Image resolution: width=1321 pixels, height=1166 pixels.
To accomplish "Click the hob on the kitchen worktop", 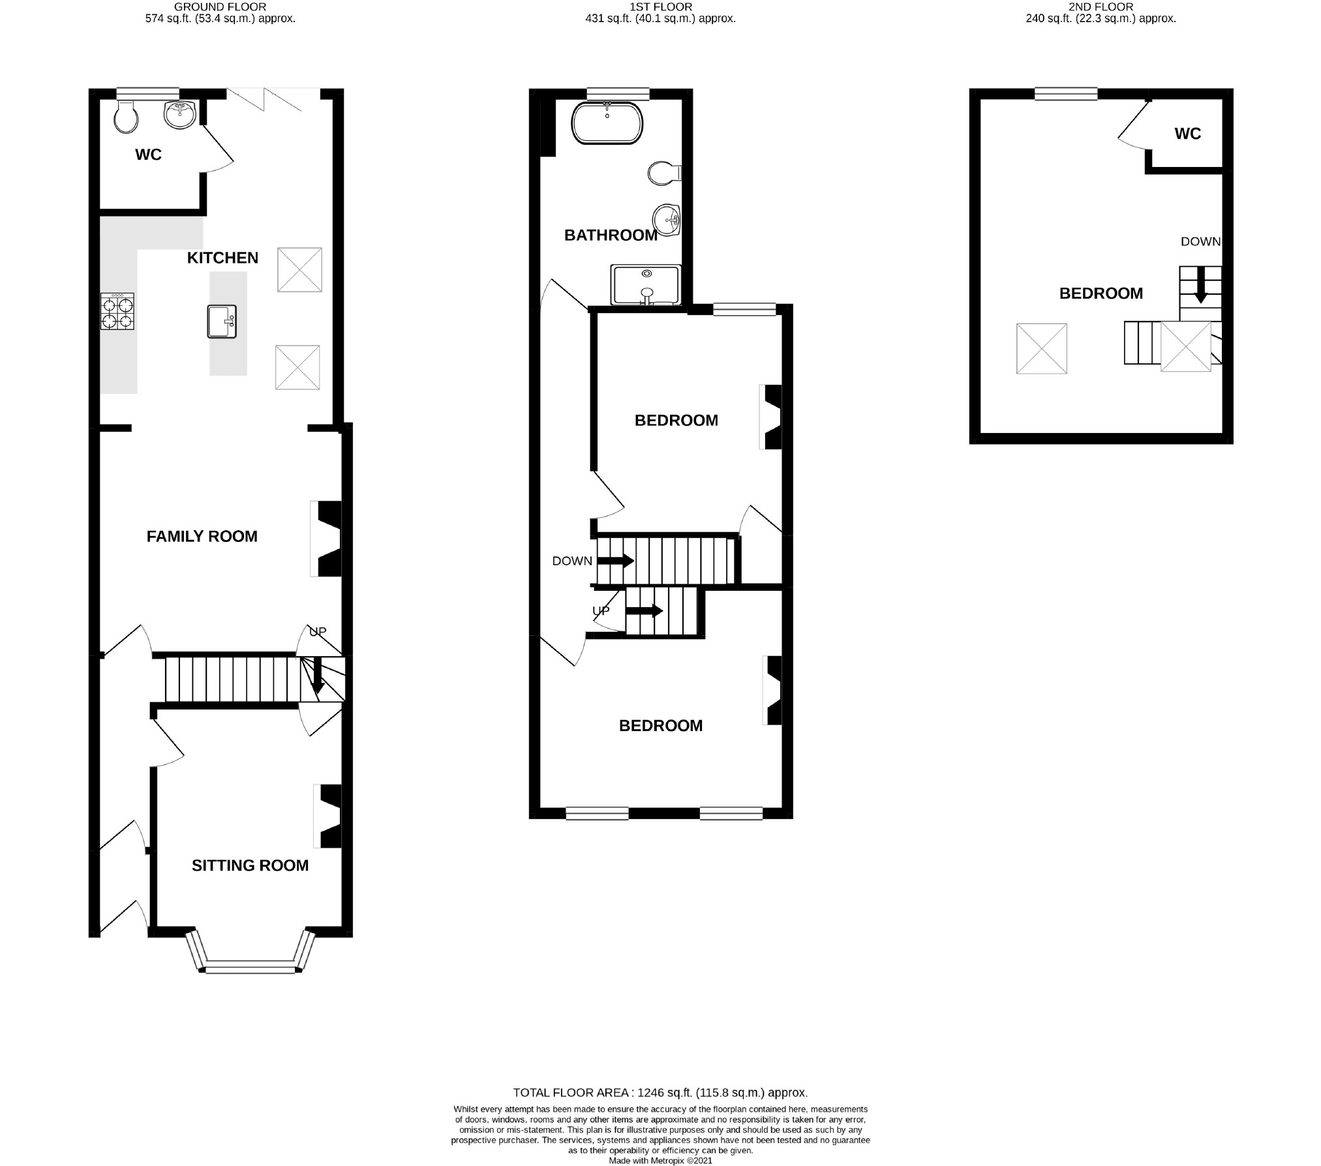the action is pos(117,311).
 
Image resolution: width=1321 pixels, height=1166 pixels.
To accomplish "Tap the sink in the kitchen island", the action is pos(222,321).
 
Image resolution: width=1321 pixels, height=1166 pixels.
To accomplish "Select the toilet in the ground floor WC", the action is pos(126,116).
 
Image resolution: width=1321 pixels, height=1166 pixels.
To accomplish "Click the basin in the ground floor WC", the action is pos(179,114).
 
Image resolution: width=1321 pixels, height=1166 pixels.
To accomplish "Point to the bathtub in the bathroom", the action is pos(607,123).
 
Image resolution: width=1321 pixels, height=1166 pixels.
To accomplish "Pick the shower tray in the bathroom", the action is pos(646,284).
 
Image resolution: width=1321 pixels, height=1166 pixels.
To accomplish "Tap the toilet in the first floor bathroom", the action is pos(665,173).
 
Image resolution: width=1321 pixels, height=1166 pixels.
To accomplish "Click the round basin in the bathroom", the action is pos(667,219).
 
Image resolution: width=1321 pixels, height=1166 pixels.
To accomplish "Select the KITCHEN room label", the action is pos(222,258).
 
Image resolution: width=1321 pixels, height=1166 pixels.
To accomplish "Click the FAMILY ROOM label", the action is pos(202,536).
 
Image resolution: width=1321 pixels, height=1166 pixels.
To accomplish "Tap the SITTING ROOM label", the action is pos(250,865).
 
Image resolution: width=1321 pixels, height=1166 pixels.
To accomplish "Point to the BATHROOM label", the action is pos(611,235).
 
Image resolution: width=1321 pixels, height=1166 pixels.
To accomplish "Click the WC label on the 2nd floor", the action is pos(1188,134).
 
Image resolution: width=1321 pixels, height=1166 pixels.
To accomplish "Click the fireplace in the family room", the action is pos(326,538).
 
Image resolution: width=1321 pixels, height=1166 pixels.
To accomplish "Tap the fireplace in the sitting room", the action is pos(328,816).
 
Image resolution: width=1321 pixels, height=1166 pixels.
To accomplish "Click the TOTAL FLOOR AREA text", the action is pos(660,1092).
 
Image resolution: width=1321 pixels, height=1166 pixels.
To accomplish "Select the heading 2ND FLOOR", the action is pos(1101,7).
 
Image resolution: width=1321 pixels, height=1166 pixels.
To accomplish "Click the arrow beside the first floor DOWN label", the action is pos(615,560).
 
